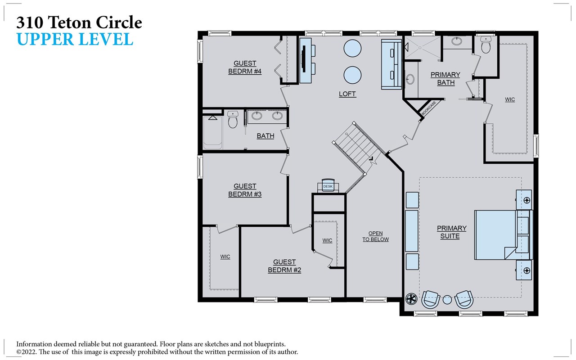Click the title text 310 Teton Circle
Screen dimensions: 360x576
coord(79,22)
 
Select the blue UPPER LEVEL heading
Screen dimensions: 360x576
coord(75,40)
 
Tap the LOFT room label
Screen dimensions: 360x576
coord(347,94)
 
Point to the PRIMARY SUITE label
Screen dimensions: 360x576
coord(451,232)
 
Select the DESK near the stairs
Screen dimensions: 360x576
coord(328,186)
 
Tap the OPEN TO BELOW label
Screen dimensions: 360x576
coord(375,236)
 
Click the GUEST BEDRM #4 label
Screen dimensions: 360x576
coord(245,67)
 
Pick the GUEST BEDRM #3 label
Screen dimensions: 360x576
coord(245,190)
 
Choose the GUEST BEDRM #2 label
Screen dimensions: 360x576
coord(284,266)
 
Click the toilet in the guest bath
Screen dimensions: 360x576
coord(233,120)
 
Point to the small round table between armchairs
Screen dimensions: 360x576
coord(447,300)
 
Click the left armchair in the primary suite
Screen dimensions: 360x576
coord(431,299)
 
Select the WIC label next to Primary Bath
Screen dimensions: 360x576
coord(509,99)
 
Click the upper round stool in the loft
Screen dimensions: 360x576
coord(352,48)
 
